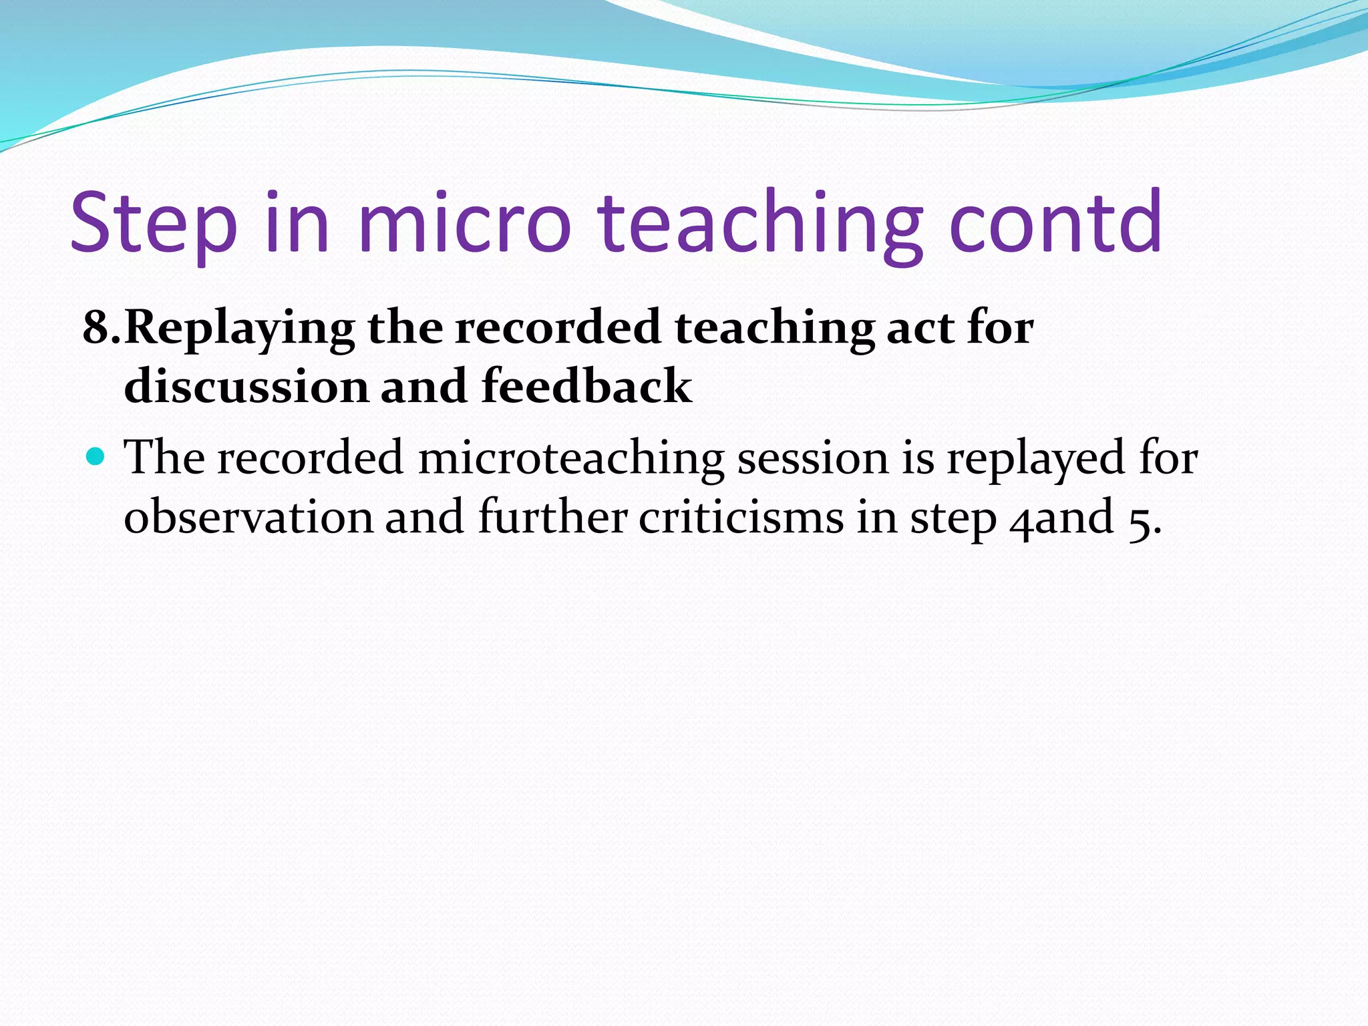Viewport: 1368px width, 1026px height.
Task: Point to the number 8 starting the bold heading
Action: click(x=96, y=328)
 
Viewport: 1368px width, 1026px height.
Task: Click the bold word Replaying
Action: click(x=239, y=329)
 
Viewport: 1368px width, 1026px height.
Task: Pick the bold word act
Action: click(x=920, y=328)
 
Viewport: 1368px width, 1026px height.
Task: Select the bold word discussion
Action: click(x=246, y=387)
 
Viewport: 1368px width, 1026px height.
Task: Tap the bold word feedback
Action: click(x=586, y=387)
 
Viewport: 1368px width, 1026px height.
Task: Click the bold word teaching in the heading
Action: click(x=774, y=329)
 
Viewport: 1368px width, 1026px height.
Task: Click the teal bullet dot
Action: click(x=96, y=457)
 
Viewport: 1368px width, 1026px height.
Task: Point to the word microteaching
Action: click(x=571, y=459)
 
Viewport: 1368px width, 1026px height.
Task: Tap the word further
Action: click(x=552, y=516)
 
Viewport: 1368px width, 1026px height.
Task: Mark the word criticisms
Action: click(x=741, y=517)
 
